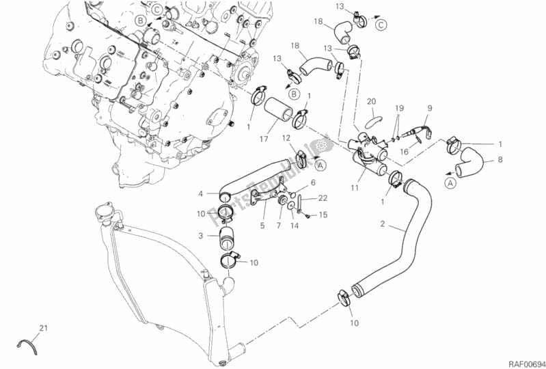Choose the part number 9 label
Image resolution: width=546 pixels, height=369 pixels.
(430, 108)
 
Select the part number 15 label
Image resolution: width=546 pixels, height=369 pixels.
(323, 215)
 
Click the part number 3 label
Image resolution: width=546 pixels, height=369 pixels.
(200, 236)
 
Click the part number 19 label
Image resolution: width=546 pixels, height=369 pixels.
(400, 108)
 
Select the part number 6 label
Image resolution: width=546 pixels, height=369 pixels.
(312, 182)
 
